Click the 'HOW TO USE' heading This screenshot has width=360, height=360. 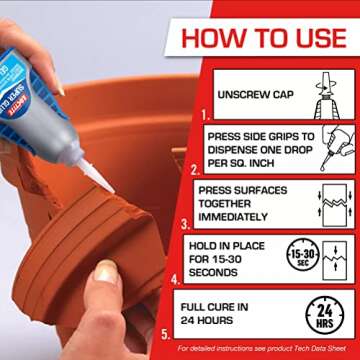[265, 38]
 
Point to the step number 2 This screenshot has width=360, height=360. [196, 171]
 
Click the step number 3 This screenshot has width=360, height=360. [185, 226]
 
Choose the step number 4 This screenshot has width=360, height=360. [177, 280]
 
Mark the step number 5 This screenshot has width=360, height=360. [166, 334]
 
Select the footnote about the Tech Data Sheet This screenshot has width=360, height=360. [266, 349]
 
